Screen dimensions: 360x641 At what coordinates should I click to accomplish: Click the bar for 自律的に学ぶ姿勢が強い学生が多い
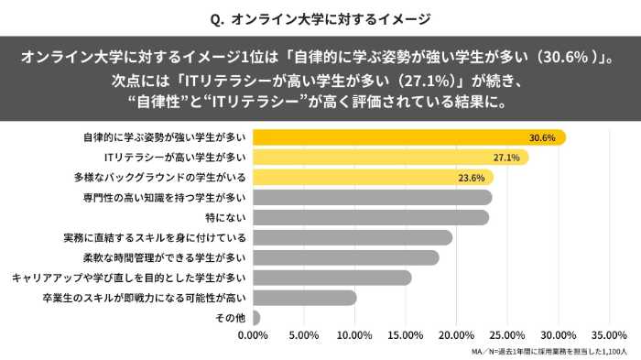click(408, 137)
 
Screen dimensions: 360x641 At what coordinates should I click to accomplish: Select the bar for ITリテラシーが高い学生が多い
click(390, 158)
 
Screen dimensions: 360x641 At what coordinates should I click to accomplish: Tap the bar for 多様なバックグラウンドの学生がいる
click(372, 178)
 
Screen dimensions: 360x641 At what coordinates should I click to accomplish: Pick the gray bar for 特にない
click(370, 217)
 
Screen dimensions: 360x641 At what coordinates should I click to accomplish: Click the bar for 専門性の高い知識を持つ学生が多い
click(372, 197)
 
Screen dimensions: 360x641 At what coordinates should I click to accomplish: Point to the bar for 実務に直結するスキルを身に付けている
click(352, 237)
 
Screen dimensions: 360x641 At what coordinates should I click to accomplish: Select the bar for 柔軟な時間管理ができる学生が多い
click(345, 257)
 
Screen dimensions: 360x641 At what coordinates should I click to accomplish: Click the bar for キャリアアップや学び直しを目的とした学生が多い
click(331, 278)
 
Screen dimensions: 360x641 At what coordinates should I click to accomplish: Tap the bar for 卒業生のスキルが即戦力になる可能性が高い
click(304, 298)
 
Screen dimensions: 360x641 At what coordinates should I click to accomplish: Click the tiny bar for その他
click(255, 318)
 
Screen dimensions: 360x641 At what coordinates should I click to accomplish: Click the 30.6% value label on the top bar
click(542, 137)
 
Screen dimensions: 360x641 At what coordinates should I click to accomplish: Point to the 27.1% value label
click(506, 158)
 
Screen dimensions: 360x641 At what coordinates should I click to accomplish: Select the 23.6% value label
click(470, 178)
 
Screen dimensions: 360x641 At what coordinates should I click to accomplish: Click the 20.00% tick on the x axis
click(457, 335)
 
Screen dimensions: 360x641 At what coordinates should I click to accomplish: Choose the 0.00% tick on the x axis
click(253, 335)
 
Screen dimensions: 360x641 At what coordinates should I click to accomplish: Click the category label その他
click(230, 318)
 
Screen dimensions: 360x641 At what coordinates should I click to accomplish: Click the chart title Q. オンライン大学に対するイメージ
click(320, 17)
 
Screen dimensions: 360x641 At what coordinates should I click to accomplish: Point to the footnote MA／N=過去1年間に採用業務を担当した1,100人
click(549, 352)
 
